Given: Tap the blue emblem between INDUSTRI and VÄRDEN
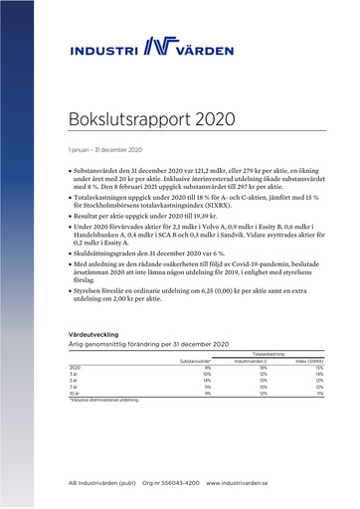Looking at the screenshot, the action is tap(160, 46).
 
